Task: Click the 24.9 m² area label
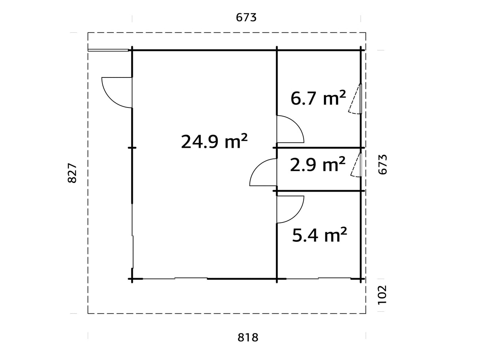click(x=214, y=141)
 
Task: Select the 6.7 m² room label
click(x=318, y=98)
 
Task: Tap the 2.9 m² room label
click(x=317, y=164)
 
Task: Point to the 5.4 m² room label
click(x=319, y=236)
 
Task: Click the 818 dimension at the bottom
click(x=248, y=337)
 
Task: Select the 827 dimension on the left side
click(x=72, y=173)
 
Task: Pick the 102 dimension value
click(x=382, y=295)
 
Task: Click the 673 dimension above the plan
click(x=246, y=17)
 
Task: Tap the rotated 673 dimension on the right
click(x=382, y=164)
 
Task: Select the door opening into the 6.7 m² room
click(x=289, y=129)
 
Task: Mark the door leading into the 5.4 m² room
click(x=289, y=209)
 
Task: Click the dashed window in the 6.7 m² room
click(x=356, y=99)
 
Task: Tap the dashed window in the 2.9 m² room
click(x=357, y=164)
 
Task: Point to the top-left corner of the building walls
click(x=132, y=50)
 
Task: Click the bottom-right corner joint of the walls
click(x=361, y=279)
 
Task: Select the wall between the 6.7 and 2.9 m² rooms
click(x=318, y=147)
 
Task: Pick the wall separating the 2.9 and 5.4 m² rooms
click(x=318, y=191)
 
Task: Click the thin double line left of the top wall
click(x=108, y=50)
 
